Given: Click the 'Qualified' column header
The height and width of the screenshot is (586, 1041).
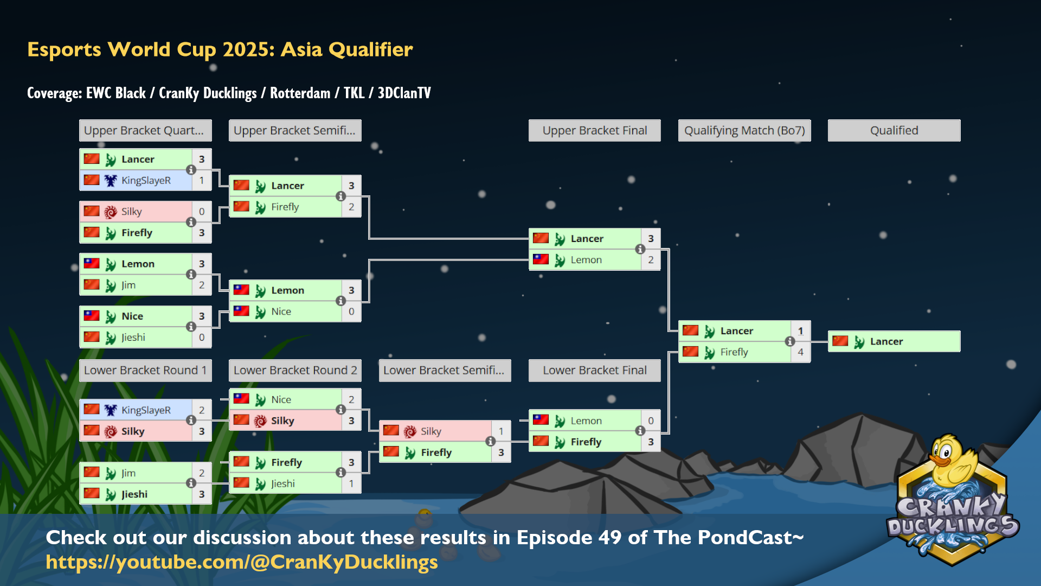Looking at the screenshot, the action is tap(894, 130).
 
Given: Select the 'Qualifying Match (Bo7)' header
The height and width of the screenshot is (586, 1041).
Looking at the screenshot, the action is tap(744, 130).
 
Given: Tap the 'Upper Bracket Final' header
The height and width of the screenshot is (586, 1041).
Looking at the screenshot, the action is tap(595, 130).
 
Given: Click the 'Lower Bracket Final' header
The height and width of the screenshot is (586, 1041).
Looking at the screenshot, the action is tap(595, 370).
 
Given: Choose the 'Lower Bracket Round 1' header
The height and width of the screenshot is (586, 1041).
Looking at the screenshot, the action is tap(145, 370).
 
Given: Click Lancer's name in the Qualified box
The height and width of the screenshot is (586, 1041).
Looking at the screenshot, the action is tap(886, 341).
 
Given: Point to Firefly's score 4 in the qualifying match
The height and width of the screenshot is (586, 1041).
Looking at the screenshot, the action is tap(800, 352).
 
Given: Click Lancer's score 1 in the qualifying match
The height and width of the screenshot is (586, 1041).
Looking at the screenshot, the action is tap(800, 331).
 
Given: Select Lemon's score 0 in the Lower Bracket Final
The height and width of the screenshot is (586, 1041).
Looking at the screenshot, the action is tap(651, 421).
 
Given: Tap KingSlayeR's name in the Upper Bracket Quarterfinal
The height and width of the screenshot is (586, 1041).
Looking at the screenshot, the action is tap(146, 181).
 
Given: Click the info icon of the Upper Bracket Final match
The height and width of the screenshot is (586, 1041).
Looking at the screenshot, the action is tap(640, 249).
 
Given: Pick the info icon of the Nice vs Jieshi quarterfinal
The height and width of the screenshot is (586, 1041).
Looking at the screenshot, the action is tap(191, 326).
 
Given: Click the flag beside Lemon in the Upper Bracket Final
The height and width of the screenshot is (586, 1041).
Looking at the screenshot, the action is tap(541, 259).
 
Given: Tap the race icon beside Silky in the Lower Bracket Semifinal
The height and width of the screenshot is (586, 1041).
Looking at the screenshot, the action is tap(410, 431).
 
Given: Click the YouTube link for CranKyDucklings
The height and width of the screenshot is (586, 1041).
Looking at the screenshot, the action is tap(242, 562).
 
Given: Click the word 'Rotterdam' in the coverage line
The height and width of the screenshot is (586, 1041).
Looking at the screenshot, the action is tap(300, 93).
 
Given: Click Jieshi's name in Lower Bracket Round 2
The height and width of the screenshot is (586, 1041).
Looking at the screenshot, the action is tap(283, 483).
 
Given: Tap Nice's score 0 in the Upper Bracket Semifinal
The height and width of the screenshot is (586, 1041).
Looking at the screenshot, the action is tap(351, 311).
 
